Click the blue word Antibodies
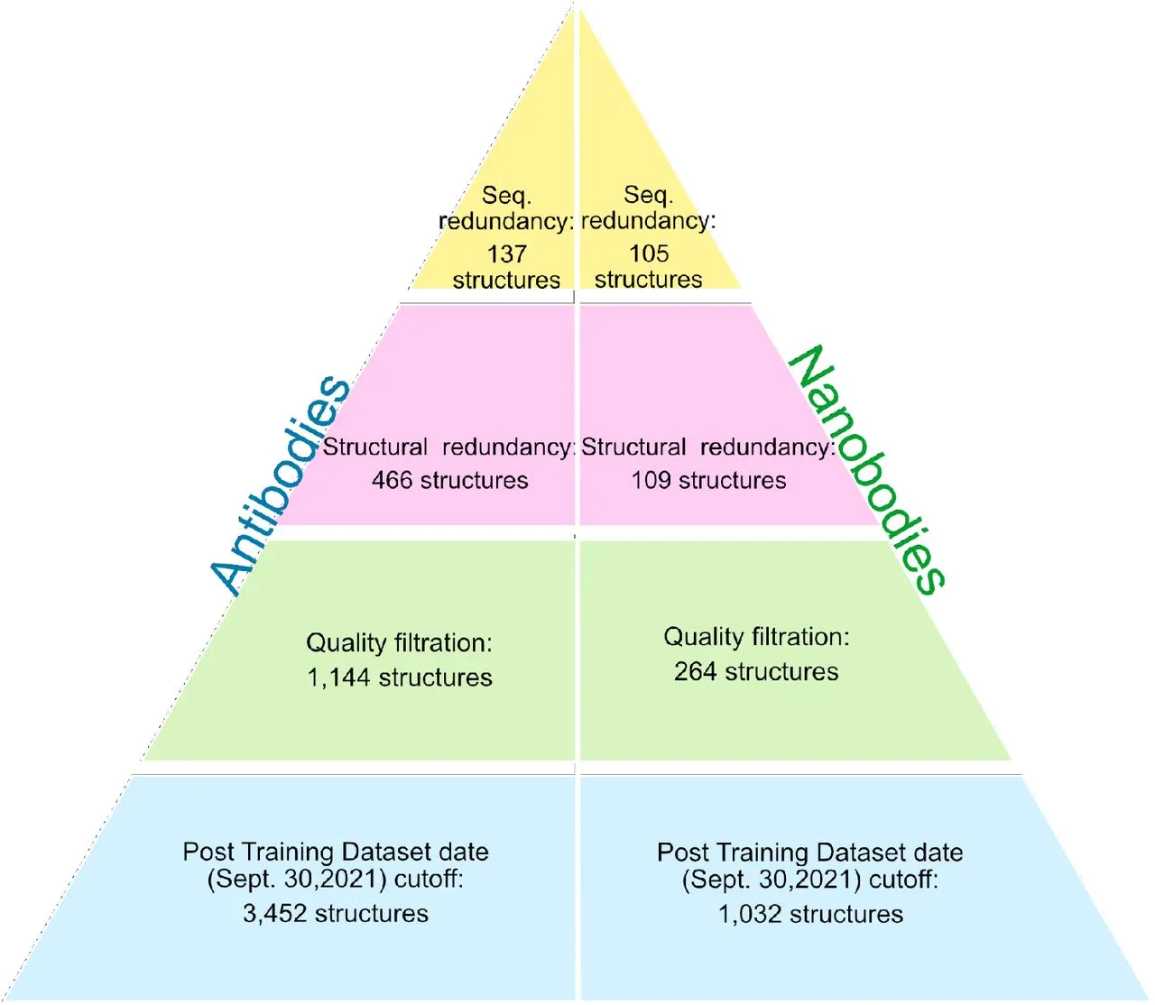[281, 484]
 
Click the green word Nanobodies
[866, 469]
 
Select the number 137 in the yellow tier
[506, 254]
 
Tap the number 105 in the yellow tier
[649, 254]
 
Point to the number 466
[392, 480]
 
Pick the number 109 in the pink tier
[651, 480]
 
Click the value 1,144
[338, 678]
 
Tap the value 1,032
[750, 915]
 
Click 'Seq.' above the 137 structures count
[506, 196]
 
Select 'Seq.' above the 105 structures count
[648, 195]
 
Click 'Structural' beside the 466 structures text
[375, 447]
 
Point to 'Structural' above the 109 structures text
[633, 447]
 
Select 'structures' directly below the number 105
[648, 280]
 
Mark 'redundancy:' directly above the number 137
[506, 222]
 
